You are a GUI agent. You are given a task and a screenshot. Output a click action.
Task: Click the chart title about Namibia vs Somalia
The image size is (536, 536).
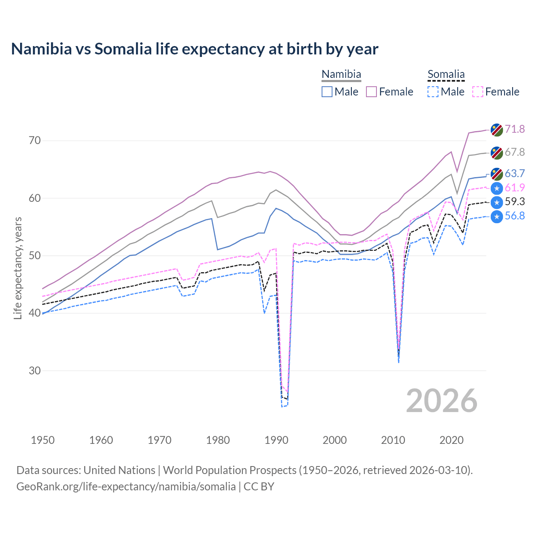195,49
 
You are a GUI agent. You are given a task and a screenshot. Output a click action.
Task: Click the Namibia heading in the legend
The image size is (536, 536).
341,75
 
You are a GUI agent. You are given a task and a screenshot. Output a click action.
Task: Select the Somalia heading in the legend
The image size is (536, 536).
446,75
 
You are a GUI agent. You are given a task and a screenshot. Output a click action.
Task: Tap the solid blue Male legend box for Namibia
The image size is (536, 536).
327,92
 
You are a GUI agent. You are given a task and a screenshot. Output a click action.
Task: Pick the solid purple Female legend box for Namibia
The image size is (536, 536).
371,92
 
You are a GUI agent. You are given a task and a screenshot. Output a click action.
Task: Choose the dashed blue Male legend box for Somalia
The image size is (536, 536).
433,92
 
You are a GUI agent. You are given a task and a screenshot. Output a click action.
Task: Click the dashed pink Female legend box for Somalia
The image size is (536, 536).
478,92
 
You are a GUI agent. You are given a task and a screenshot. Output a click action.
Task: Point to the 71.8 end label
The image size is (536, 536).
515,129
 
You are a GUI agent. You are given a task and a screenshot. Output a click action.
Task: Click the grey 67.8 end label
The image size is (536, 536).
515,152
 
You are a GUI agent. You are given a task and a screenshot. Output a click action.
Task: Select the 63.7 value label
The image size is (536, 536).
515,173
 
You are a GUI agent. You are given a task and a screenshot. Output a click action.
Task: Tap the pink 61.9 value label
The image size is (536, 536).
515,188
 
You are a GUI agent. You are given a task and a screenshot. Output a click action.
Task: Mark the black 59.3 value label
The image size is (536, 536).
515,202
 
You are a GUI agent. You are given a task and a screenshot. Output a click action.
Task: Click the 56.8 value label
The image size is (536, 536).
515,216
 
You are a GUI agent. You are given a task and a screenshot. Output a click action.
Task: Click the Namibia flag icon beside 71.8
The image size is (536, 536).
497,130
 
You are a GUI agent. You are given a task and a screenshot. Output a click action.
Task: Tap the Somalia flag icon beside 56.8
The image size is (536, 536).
497,217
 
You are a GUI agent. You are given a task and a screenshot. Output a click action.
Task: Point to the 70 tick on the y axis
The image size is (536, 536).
35,140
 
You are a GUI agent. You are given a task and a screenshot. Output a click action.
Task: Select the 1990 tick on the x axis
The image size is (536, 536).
276,440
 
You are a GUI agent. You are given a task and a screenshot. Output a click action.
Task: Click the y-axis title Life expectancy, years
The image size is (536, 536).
18,268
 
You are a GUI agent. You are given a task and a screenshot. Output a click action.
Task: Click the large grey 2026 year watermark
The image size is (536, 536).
442,401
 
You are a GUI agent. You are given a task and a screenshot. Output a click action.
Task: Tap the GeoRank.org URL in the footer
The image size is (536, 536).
126,487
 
